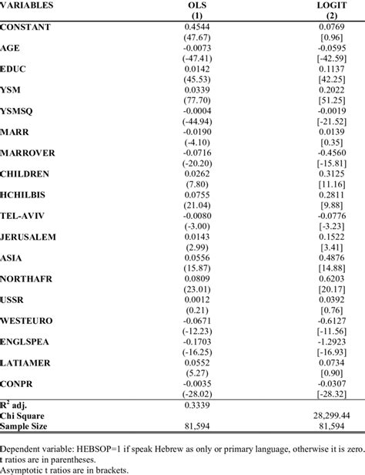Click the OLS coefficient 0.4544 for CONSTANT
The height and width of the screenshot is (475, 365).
pos(196,27)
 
